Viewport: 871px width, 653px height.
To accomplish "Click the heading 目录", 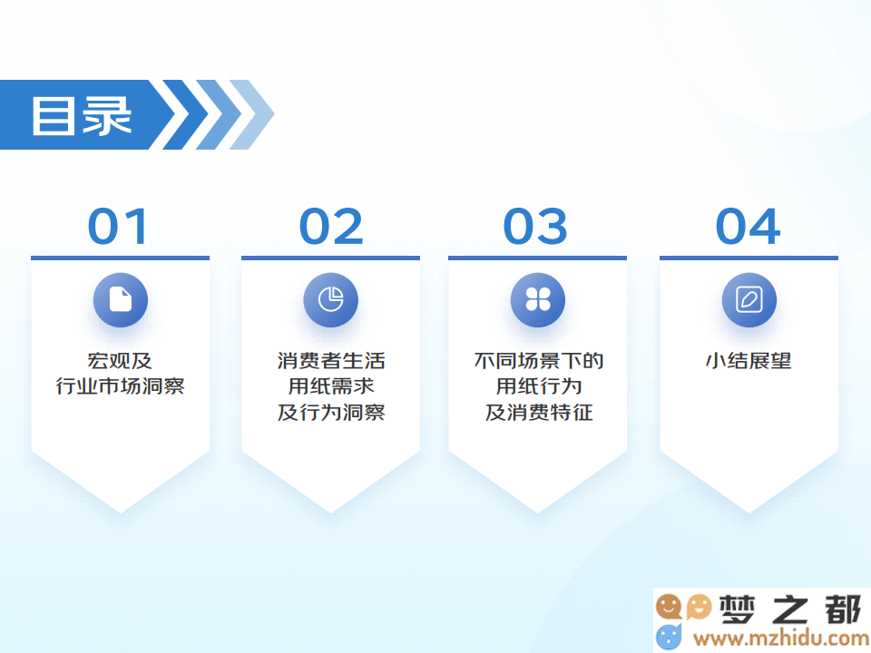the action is [82, 115].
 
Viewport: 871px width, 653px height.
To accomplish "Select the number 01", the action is [118, 226].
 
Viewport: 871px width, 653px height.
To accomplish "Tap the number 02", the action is [331, 226].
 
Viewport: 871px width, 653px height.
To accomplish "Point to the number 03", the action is [535, 226].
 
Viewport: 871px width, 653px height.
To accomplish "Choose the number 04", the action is [749, 226].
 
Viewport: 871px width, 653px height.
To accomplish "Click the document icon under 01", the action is [121, 300].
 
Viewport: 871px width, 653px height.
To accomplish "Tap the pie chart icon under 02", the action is [330, 300].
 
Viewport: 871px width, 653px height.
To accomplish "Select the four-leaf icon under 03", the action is [538, 300].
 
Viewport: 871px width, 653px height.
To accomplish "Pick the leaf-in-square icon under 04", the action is [749, 300].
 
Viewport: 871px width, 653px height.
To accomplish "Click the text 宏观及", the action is [120, 361].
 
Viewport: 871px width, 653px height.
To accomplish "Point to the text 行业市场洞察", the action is [120, 386].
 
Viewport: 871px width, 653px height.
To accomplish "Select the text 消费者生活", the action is [331, 361].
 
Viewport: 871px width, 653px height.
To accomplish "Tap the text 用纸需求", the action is [331, 386].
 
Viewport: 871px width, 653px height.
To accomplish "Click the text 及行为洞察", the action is [331, 412].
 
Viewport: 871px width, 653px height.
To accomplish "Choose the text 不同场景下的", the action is [539, 361].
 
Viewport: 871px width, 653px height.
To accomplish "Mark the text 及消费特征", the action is [539, 412].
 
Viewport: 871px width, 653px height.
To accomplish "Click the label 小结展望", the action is [749, 361].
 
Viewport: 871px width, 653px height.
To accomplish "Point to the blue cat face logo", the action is [669, 637].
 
